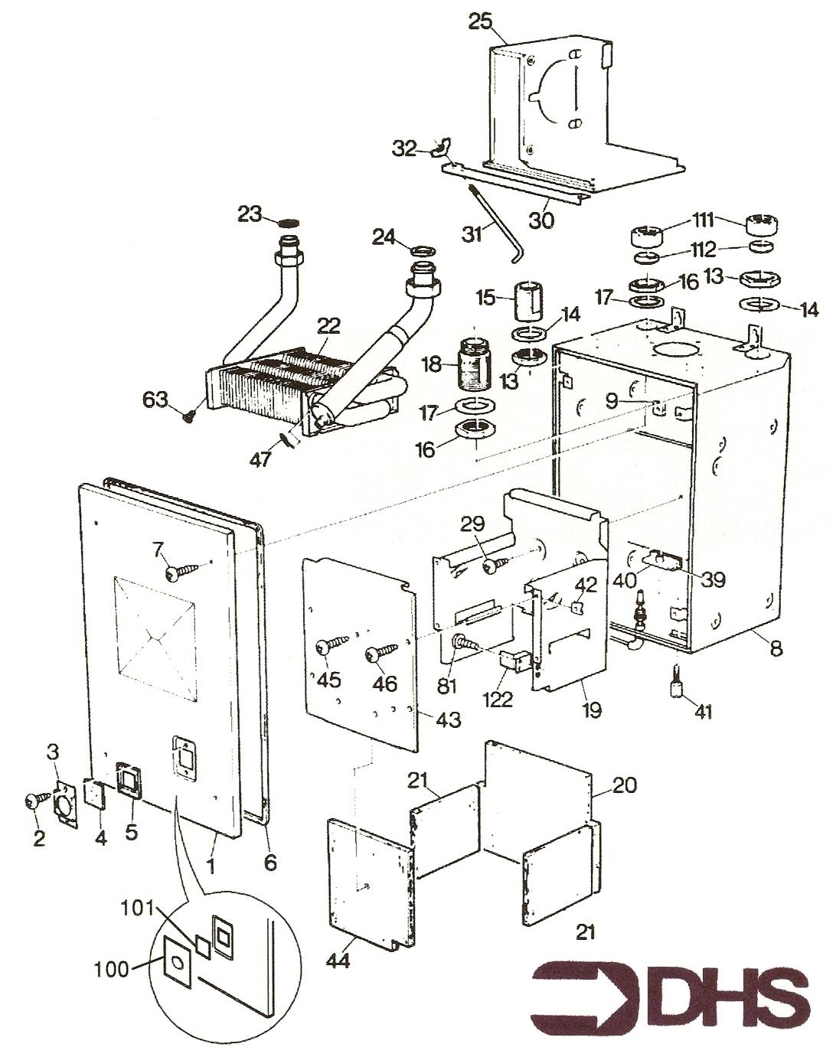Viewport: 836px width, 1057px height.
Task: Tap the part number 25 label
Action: [x=480, y=21]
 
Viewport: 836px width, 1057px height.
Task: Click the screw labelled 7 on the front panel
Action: [x=175, y=571]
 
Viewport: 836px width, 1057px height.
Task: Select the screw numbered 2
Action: [x=34, y=800]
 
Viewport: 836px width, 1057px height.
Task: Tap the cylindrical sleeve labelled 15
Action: [x=528, y=302]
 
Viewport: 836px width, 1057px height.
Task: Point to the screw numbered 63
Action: [x=188, y=414]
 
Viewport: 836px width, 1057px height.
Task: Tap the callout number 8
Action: [x=776, y=649]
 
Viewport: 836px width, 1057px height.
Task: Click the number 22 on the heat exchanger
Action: [x=328, y=326]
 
